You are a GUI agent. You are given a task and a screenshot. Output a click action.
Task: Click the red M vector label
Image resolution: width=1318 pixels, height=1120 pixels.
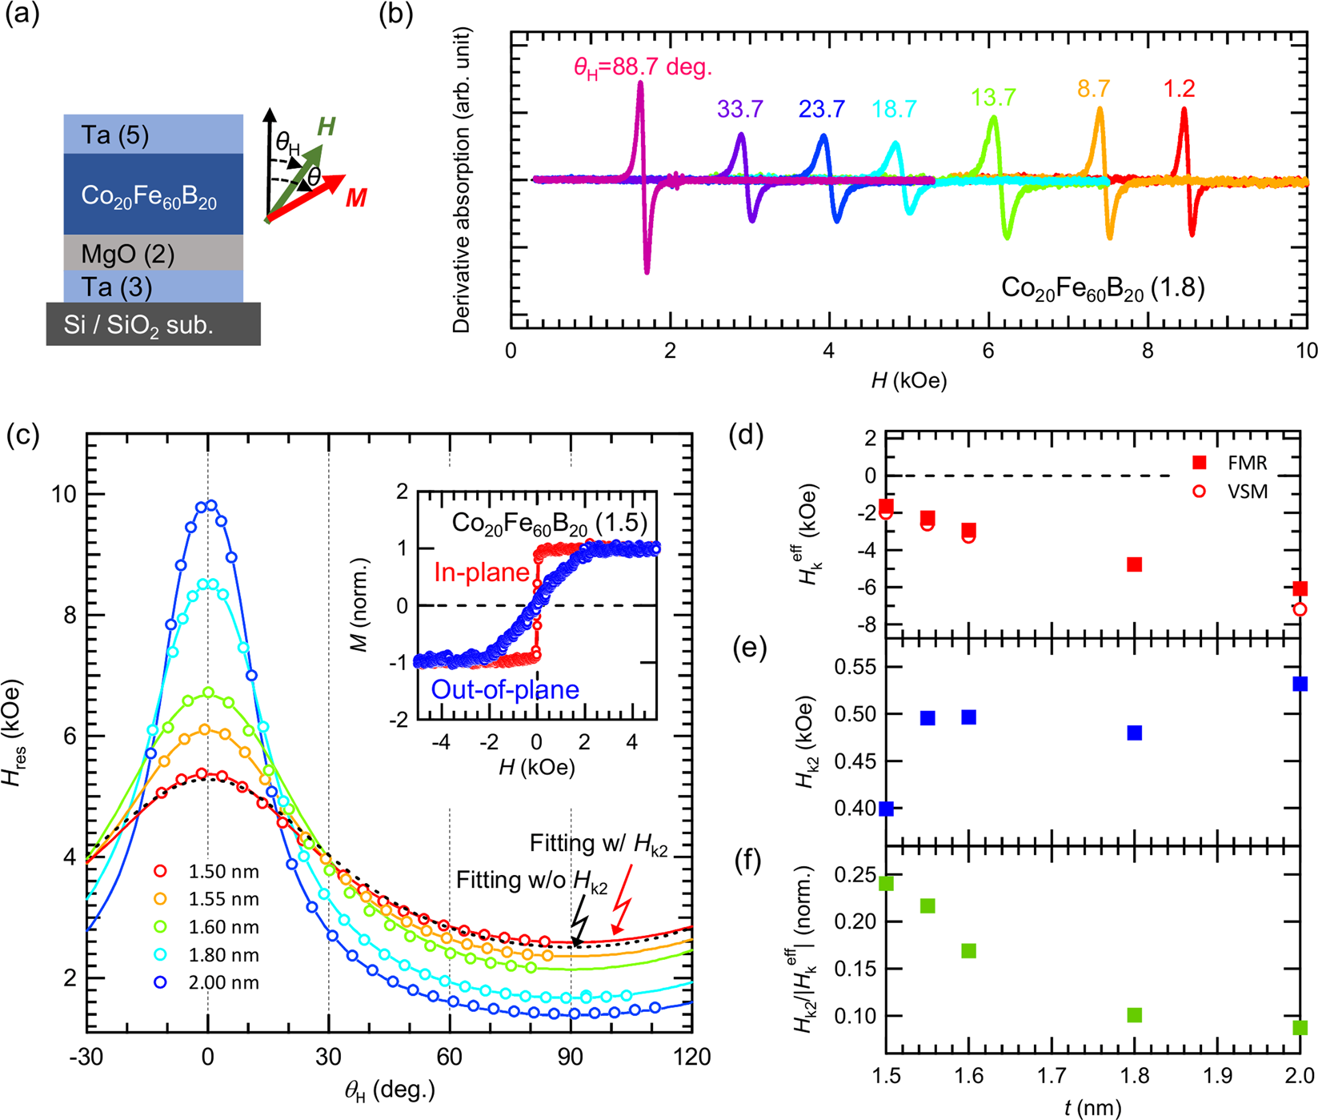pos(356,197)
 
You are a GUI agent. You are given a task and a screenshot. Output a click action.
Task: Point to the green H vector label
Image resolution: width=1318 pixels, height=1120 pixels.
pos(326,126)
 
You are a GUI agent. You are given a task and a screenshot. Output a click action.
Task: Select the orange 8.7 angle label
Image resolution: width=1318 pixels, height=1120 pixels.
pos(1093,89)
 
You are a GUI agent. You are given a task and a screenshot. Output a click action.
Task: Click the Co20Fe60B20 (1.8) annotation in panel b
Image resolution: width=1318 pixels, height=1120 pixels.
pos(1103,288)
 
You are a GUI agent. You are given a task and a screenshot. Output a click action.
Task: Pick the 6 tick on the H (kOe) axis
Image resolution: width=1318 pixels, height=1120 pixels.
pos(988,351)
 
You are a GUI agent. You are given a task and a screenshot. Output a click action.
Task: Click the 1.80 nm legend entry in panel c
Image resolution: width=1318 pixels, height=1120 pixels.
pos(208,955)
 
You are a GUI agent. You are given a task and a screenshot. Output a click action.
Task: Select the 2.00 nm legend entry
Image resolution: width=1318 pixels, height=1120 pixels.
pos(208,983)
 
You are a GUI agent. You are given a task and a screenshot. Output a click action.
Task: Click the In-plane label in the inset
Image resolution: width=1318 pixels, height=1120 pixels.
pos(482,572)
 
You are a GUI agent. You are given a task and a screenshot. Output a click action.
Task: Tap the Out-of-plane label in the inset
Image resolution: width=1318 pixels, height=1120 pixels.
pos(505,689)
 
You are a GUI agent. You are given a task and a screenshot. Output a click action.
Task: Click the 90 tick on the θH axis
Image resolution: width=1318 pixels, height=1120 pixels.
pos(571,1058)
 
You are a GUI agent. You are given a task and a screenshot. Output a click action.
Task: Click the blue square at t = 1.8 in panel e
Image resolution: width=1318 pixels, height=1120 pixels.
pos(1134,733)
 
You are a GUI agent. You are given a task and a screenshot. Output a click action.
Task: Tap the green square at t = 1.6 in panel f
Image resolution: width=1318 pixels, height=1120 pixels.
pos(968,950)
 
